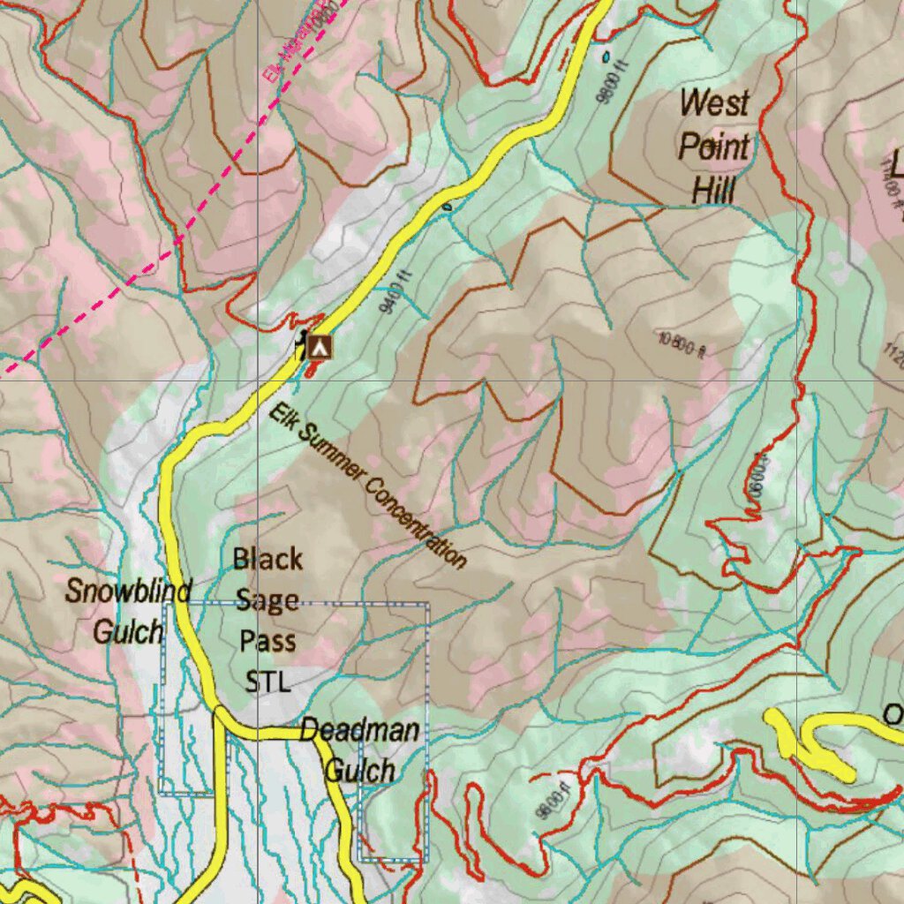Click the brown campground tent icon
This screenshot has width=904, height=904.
(320, 347)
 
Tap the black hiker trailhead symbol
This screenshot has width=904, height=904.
(303, 343)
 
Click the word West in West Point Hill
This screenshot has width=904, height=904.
(714, 103)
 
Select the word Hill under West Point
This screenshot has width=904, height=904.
(713, 189)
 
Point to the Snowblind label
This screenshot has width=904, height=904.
(128, 591)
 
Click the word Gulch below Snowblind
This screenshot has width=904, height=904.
(128, 632)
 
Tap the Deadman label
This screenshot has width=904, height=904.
(359, 730)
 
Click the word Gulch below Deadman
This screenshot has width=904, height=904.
(360, 771)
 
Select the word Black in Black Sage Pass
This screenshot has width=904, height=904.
(267, 559)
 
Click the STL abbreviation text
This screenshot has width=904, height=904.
(267, 682)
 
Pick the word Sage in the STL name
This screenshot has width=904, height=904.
(267, 600)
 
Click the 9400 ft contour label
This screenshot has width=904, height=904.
(395, 296)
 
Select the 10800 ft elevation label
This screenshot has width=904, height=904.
(681, 345)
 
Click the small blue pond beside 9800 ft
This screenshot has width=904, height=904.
(606, 56)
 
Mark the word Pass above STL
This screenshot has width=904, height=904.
(267, 641)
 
